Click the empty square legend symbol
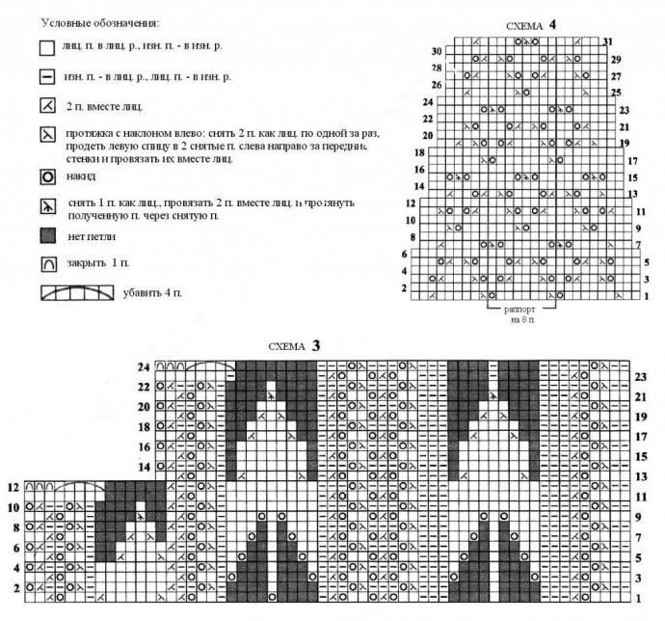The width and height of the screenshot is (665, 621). click(45, 46)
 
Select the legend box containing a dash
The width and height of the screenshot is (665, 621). click(45, 75)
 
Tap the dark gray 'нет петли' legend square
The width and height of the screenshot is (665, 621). click(45, 234)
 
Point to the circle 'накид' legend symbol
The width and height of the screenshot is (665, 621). click(45, 178)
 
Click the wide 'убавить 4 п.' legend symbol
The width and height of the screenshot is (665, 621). click(76, 291)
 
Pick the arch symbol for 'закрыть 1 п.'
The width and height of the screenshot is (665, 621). click(45, 262)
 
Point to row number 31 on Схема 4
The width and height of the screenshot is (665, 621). click(606, 42)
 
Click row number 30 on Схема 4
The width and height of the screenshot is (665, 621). click(437, 51)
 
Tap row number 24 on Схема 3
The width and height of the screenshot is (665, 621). click(145, 366)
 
